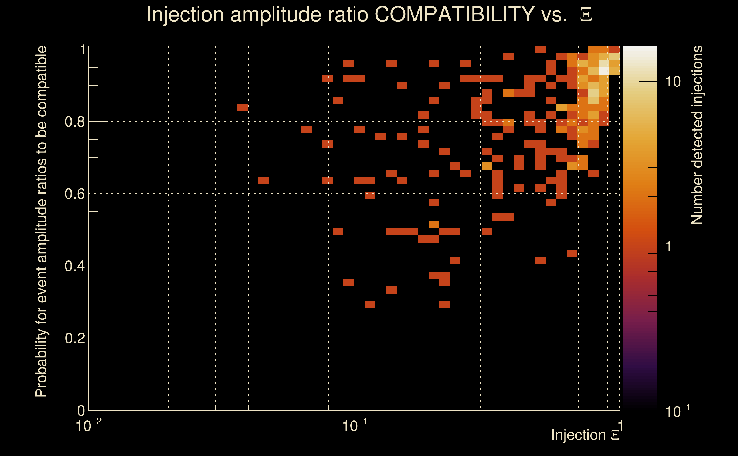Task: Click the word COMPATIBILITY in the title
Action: click(454, 14)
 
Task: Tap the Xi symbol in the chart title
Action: click(586, 15)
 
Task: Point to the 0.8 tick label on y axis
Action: click(74, 122)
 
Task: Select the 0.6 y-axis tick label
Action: click(74, 194)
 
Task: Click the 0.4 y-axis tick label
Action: click(74, 266)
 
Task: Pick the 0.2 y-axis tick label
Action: click(74, 338)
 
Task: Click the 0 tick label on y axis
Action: click(81, 411)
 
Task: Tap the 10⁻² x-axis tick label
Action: click(88, 426)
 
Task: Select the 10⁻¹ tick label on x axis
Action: click(354, 426)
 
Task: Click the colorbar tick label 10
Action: click(673, 82)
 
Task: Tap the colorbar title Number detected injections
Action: click(697, 135)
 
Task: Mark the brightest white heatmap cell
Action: click(604, 71)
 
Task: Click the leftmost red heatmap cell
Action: click(242, 107)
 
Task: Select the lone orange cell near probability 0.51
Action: click(434, 224)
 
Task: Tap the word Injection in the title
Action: click(185, 14)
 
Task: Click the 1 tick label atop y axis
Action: click(82, 50)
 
